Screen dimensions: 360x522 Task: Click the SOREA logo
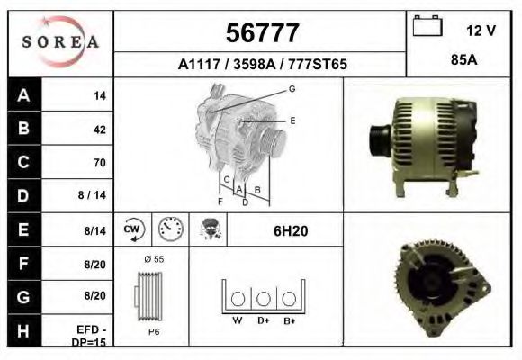(x=60, y=43)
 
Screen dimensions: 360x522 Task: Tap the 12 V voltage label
(x=481, y=30)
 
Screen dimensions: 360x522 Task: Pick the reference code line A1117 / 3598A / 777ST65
(x=262, y=65)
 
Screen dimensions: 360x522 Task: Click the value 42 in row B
(x=99, y=130)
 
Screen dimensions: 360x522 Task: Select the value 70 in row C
(x=99, y=163)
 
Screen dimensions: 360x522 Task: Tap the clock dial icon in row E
(x=169, y=229)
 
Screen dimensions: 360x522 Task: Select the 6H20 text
(x=291, y=231)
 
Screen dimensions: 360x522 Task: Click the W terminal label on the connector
(x=238, y=319)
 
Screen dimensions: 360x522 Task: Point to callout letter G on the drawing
(x=292, y=89)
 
